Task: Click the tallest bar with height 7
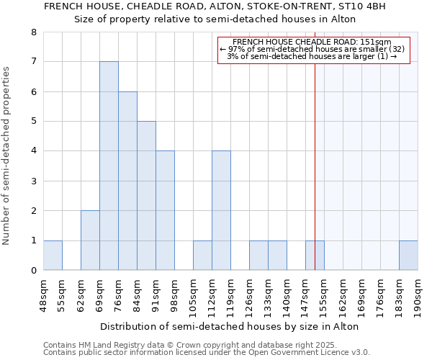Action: [x=109, y=166]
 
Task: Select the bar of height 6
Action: [x=127, y=181]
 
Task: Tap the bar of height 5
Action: [x=146, y=196]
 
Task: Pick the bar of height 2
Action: [x=90, y=240]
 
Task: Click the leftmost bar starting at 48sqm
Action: [x=53, y=256]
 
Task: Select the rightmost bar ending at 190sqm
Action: [x=408, y=256]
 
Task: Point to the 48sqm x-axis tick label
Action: [x=43, y=295]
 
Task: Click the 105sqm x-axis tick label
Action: [x=193, y=295]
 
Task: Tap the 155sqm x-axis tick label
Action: [x=324, y=295]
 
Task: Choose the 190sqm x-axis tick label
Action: [x=418, y=295]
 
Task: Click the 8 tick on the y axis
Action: [x=33, y=32]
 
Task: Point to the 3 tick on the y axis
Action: [x=33, y=181]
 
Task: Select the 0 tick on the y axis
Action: [x=33, y=271]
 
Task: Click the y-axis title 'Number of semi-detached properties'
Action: [x=6, y=156]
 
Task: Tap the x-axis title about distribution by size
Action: [x=230, y=326]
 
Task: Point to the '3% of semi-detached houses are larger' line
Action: [x=312, y=56]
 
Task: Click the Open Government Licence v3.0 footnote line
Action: [x=207, y=352]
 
